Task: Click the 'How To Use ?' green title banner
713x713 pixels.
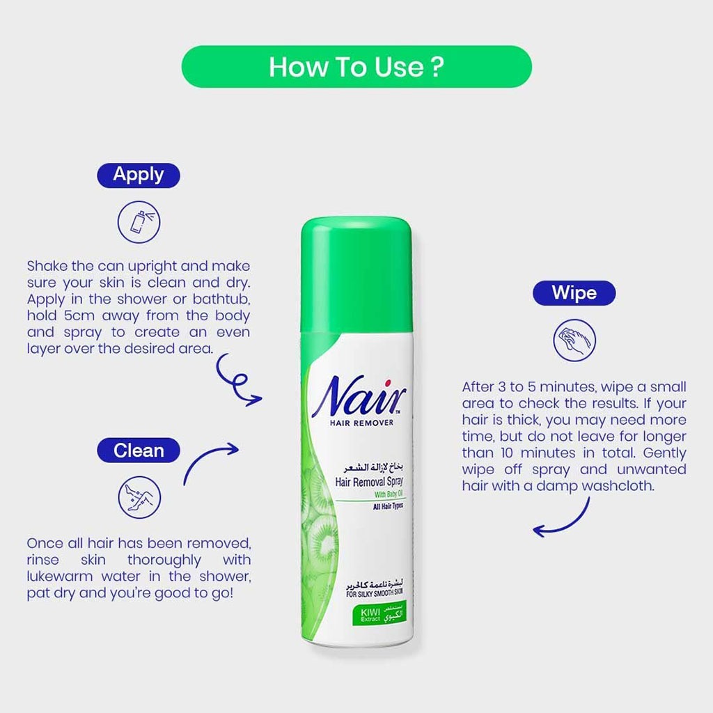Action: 356,67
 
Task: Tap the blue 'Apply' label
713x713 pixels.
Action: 138,175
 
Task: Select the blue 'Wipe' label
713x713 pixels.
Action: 574,292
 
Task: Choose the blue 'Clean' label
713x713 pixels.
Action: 138,450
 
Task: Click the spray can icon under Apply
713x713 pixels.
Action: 139,221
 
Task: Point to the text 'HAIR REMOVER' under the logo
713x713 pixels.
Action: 366,423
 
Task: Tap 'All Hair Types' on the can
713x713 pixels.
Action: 378,506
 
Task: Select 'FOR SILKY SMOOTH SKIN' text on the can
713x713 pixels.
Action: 374,593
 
